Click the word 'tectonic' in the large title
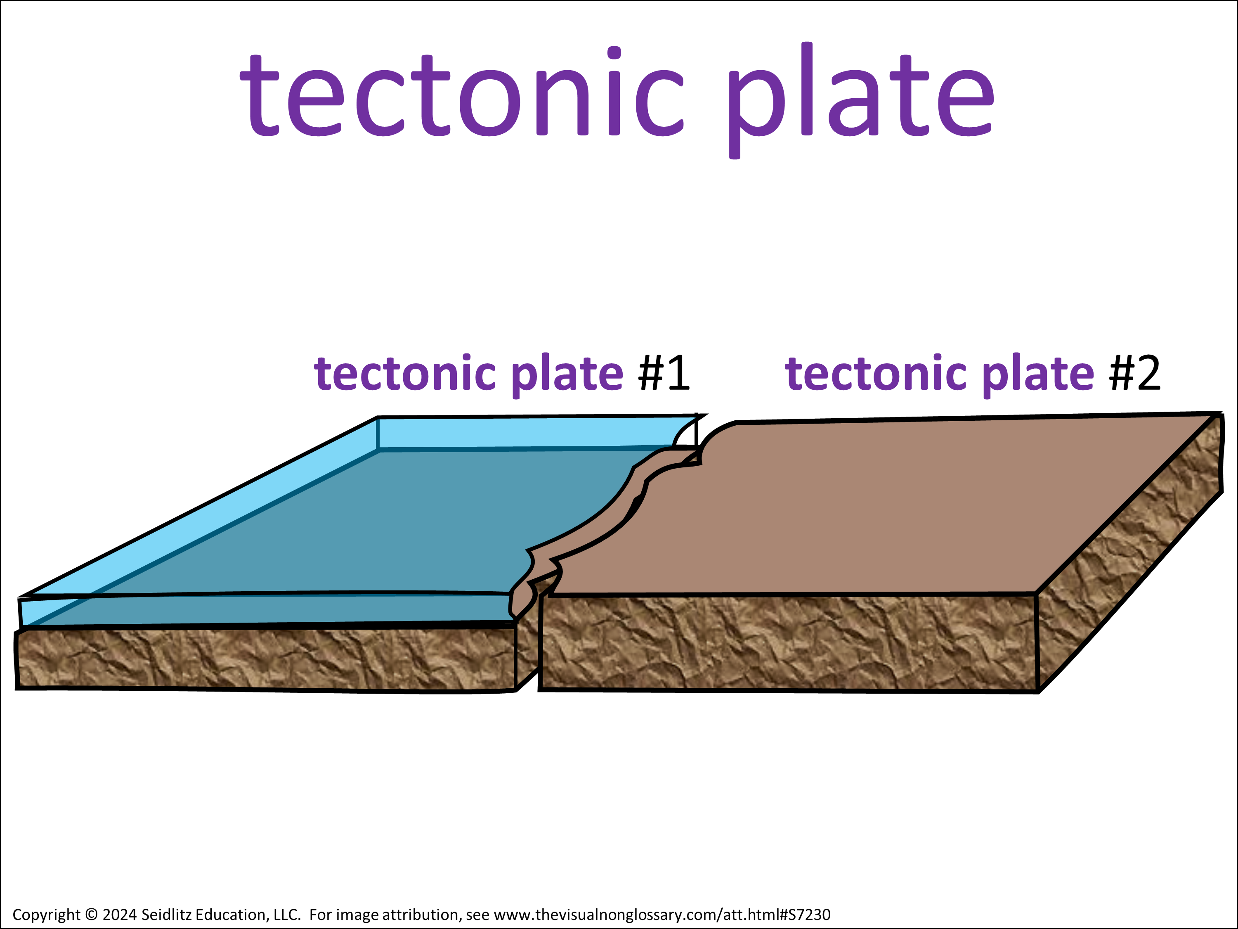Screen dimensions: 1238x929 [x=462, y=91]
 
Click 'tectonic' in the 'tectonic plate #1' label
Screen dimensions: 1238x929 [x=405, y=372]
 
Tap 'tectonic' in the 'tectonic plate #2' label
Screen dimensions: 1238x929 [x=877, y=372]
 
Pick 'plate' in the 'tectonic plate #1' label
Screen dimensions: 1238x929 [x=567, y=376]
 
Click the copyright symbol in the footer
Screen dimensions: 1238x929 [x=91, y=915]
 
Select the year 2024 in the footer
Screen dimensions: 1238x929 [x=119, y=915]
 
